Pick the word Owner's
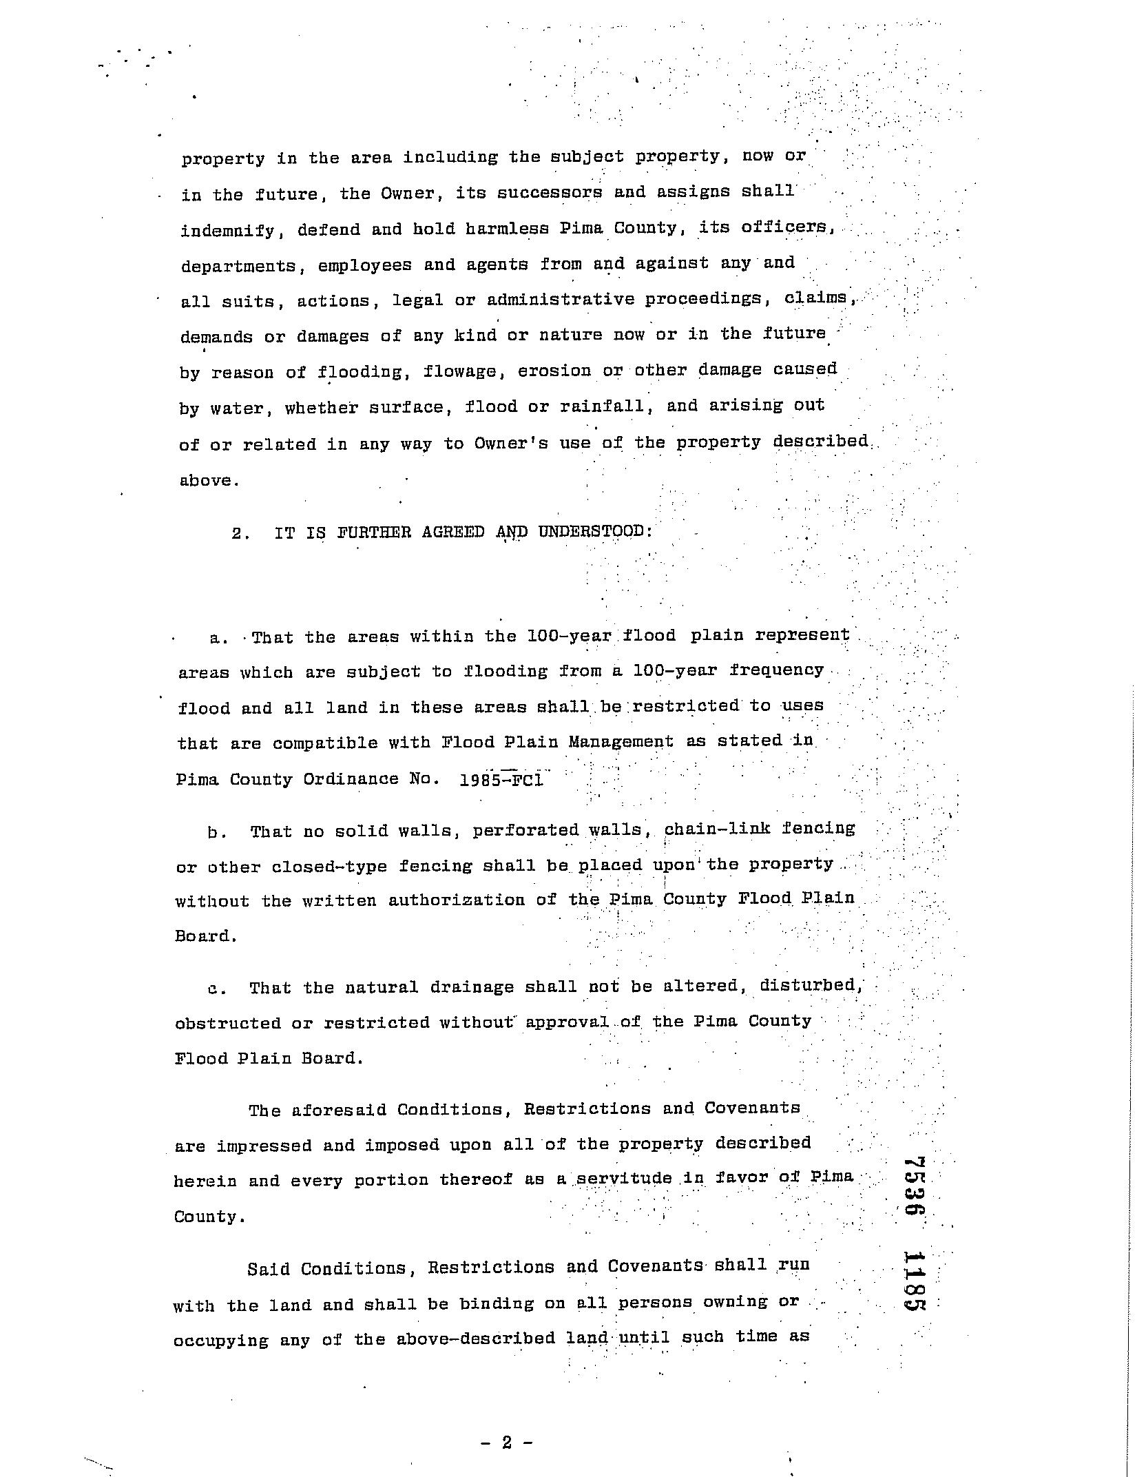click(x=510, y=444)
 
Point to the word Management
click(x=621, y=742)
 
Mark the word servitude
click(x=624, y=1179)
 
